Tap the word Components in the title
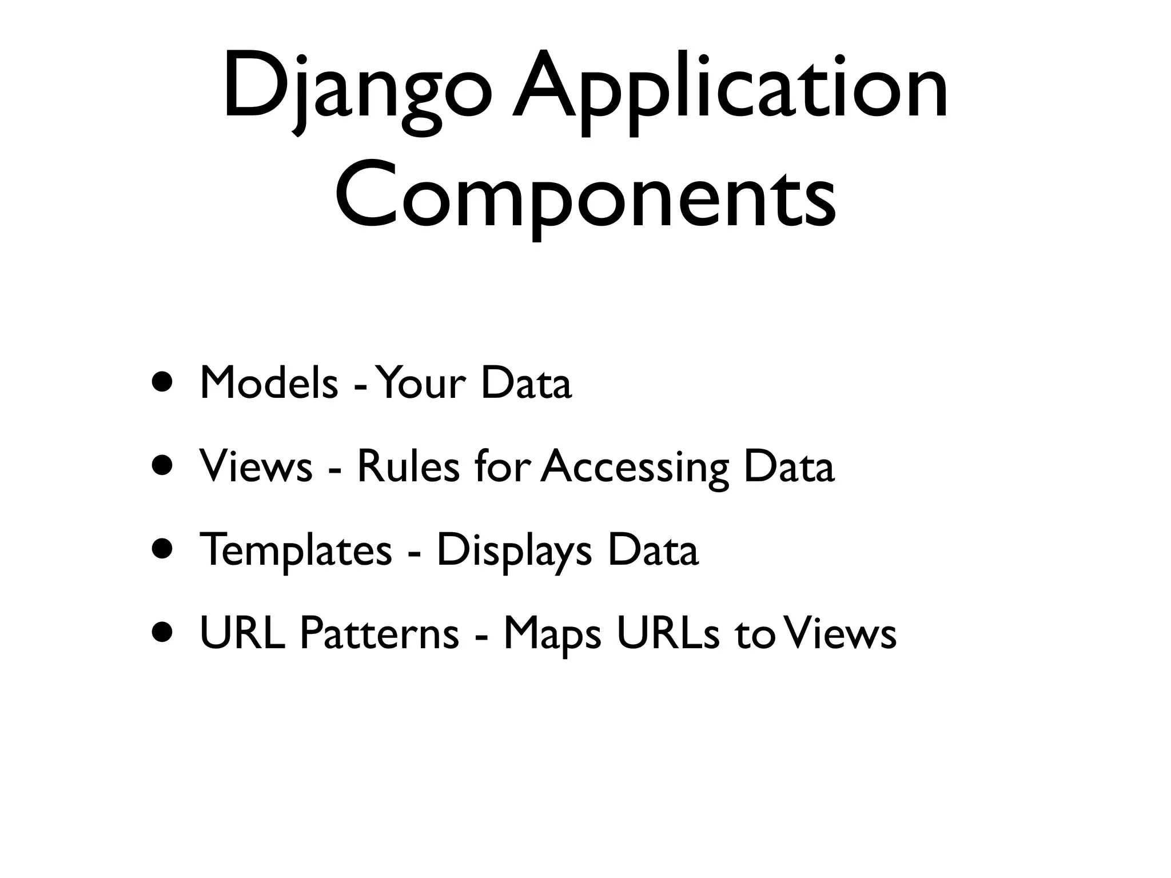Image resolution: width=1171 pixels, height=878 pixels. [x=585, y=197]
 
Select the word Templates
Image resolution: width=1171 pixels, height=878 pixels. [x=296, y=550]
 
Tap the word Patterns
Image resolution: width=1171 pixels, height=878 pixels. [x=379, y=634]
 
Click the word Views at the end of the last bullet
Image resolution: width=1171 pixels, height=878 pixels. [x=840, y=634]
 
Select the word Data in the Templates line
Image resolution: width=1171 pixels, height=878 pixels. [x=652, y=550]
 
